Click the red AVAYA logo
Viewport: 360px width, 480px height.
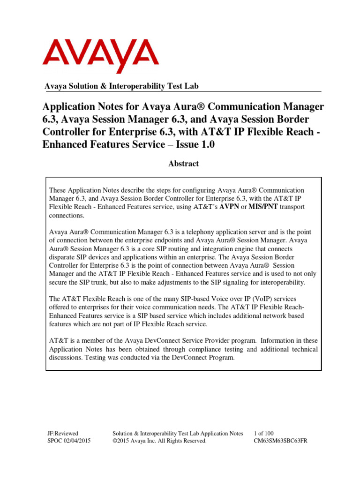coord(100,56)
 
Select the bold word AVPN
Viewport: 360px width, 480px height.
coord(225,207)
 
